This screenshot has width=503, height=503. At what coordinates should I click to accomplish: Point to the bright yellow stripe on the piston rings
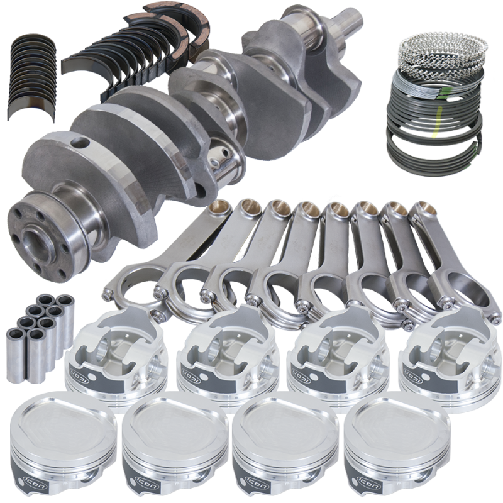(x=436, y=123)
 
